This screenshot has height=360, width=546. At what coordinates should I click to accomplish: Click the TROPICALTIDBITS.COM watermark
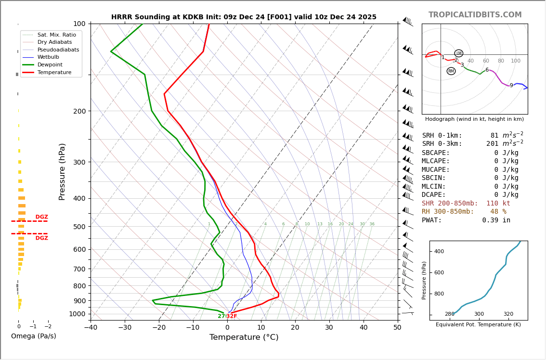(475, 15)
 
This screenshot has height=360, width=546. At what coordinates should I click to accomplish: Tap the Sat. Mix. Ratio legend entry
(56, 35)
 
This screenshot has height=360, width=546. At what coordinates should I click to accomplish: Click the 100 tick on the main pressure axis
(79, 24)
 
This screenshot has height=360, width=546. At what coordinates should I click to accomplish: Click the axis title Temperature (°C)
(244, 337)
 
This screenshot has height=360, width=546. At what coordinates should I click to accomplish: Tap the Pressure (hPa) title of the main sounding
(62, 171)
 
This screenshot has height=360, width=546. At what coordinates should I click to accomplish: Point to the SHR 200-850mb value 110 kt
(498, 204)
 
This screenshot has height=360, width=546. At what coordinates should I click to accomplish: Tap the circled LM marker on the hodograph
(458, 53)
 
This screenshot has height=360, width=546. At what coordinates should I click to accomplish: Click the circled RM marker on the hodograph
(451, 71)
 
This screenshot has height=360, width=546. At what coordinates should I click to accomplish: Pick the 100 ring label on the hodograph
(516, 61)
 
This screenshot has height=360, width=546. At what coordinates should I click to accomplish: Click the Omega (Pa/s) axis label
(33, 336)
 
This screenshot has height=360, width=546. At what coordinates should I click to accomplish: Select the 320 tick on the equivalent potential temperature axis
(508, 314)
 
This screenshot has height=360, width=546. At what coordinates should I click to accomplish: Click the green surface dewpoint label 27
(221, 316)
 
